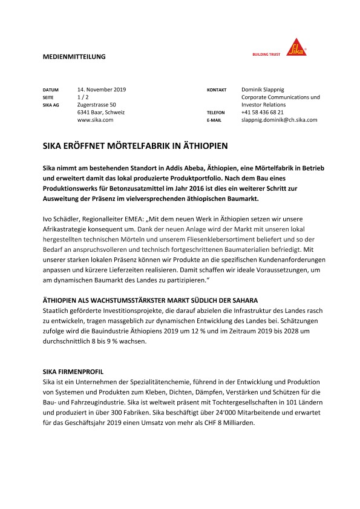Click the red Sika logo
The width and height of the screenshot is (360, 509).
[296, 47]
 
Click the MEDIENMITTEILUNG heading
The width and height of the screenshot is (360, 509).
[74, 56]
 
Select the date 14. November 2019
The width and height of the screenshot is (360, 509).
[101, 89]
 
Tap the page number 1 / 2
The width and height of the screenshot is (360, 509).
[84, 97]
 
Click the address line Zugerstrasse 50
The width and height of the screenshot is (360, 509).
[97, 105]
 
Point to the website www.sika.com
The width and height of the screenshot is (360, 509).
[96, 120]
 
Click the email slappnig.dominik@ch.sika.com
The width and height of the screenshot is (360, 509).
[279, 120]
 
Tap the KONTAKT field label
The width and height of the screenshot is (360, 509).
[217, 90]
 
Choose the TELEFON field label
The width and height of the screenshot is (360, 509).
[215, 113]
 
